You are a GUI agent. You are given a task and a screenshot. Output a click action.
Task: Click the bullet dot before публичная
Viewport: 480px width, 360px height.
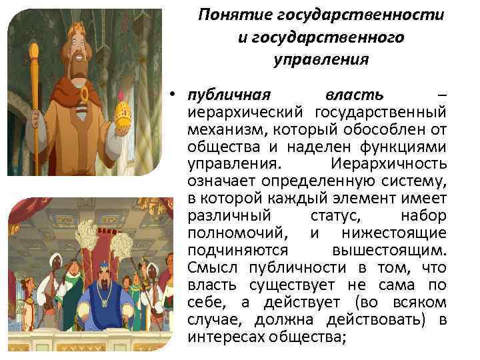tap(172, 93)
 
